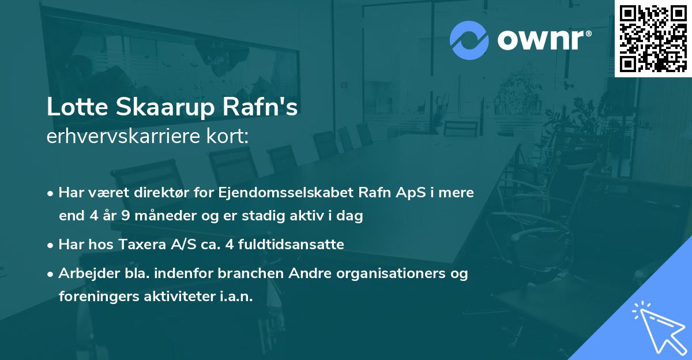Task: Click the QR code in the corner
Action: pyautogui.click(x=653, y=38)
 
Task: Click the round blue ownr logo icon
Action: pyautogui.click(x=469, y=40)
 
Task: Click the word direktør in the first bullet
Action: pyautogui.click(x=162, y=193)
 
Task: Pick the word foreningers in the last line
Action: pyautogui.click(x=95, y=297)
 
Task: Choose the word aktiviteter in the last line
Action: pyautogui.click(x=176, y=297)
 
